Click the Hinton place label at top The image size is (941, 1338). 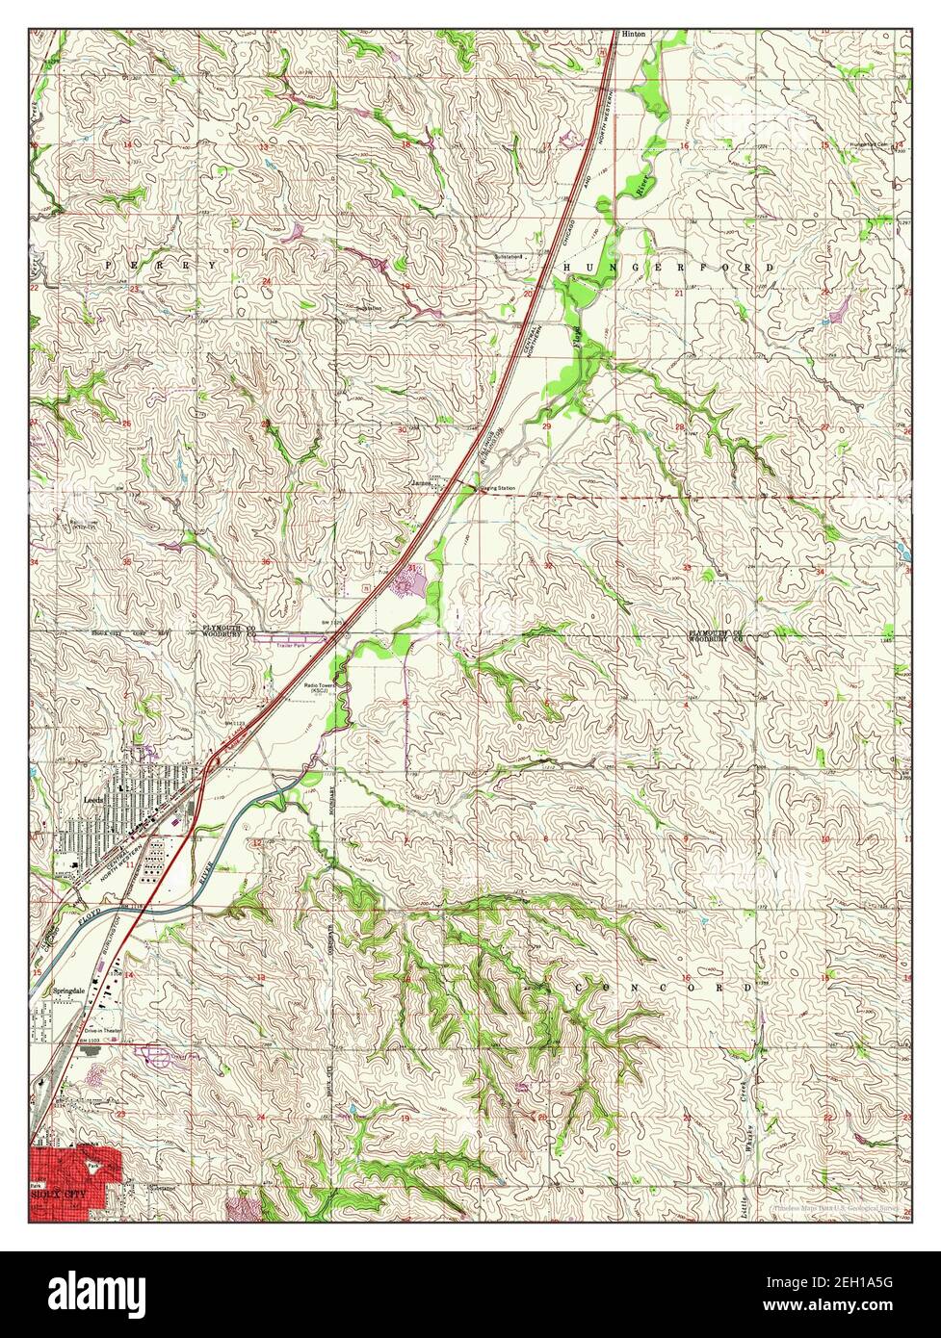634,33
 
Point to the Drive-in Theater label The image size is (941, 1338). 99,1029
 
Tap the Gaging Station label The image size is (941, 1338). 497,489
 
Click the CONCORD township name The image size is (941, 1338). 664,989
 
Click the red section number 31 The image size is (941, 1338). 412,569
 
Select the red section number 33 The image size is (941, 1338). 687,569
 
